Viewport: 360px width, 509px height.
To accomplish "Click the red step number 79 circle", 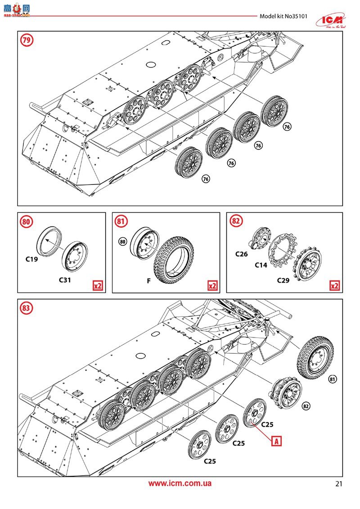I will click(27, 41).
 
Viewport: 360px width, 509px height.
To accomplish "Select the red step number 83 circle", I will click(27, 308).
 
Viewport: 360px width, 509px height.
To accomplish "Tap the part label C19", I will click(33, 260).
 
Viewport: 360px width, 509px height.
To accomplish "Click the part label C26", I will click(242, 254).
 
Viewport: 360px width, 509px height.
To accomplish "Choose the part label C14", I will click(261, 265).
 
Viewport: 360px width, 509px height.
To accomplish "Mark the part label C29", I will click(283, 279).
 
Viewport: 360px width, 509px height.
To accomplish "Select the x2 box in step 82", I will click(334, 286).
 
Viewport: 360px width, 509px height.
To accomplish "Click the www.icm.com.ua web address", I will click(180, 484).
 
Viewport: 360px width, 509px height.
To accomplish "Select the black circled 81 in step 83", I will click(333, 378).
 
